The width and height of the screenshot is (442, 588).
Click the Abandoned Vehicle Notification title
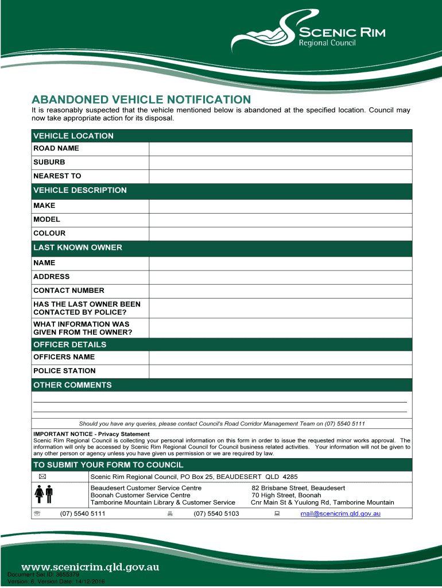coord(141,99)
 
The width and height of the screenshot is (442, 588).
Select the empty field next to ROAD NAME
coord(280,149)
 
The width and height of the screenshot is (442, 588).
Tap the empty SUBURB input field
coord(280,163)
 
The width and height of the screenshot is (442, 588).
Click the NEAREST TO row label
coord(57,176)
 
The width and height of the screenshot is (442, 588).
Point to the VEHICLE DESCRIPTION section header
coord(80,191)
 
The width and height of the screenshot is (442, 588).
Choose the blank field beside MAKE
coord(280,206)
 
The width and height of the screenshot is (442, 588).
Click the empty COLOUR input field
coord(280,234)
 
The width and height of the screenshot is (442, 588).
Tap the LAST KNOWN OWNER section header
coord(77,248)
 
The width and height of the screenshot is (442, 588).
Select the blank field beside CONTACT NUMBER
coord(280,291)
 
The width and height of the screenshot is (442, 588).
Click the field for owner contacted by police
coord(280,308)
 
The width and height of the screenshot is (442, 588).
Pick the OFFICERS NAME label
coord(64,357)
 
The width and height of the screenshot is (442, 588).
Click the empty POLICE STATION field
coord(280,371)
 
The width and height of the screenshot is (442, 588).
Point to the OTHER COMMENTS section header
coord(72,385)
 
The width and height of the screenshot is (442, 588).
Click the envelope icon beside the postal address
coord(43,477)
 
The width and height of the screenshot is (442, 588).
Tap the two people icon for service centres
coord(44,494)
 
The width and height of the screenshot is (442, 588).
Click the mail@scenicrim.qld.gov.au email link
coord(340,513)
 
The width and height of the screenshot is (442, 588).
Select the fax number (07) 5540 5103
coord(216,513)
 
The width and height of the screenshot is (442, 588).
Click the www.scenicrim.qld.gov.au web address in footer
coord(90,567)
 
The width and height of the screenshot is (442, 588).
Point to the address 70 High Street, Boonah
coord(286,495)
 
